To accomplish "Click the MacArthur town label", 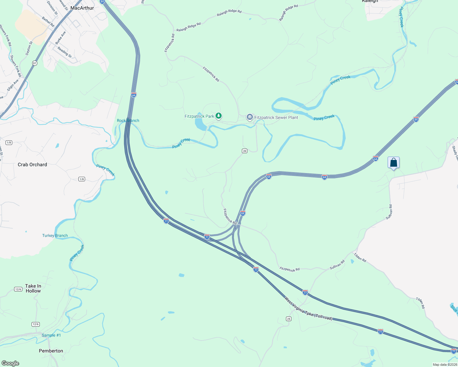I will point(82,8).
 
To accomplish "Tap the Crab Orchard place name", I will point(32,165).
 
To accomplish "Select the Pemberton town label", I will point(51,351).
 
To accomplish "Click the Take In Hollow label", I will point(33,288).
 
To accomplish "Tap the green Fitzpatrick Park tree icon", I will point(218,116).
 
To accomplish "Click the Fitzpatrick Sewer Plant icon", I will point(250,117).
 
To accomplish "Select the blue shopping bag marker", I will point(393,162).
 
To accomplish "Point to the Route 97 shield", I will point(35,63).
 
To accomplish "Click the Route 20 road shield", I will point(244,151).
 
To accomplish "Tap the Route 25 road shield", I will point(288,319).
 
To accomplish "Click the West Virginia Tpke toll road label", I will point(308,309).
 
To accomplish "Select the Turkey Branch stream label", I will point(55,235).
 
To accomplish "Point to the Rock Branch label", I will point(128,120).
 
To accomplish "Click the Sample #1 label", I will point(51,335).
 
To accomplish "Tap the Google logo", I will point(10,363).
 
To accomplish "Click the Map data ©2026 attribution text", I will point(444,365).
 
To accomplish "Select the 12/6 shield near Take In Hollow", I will point(18,289).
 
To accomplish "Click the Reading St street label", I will point(65,52).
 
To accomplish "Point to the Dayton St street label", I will point(29,48).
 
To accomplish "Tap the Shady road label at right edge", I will point(455,153).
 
